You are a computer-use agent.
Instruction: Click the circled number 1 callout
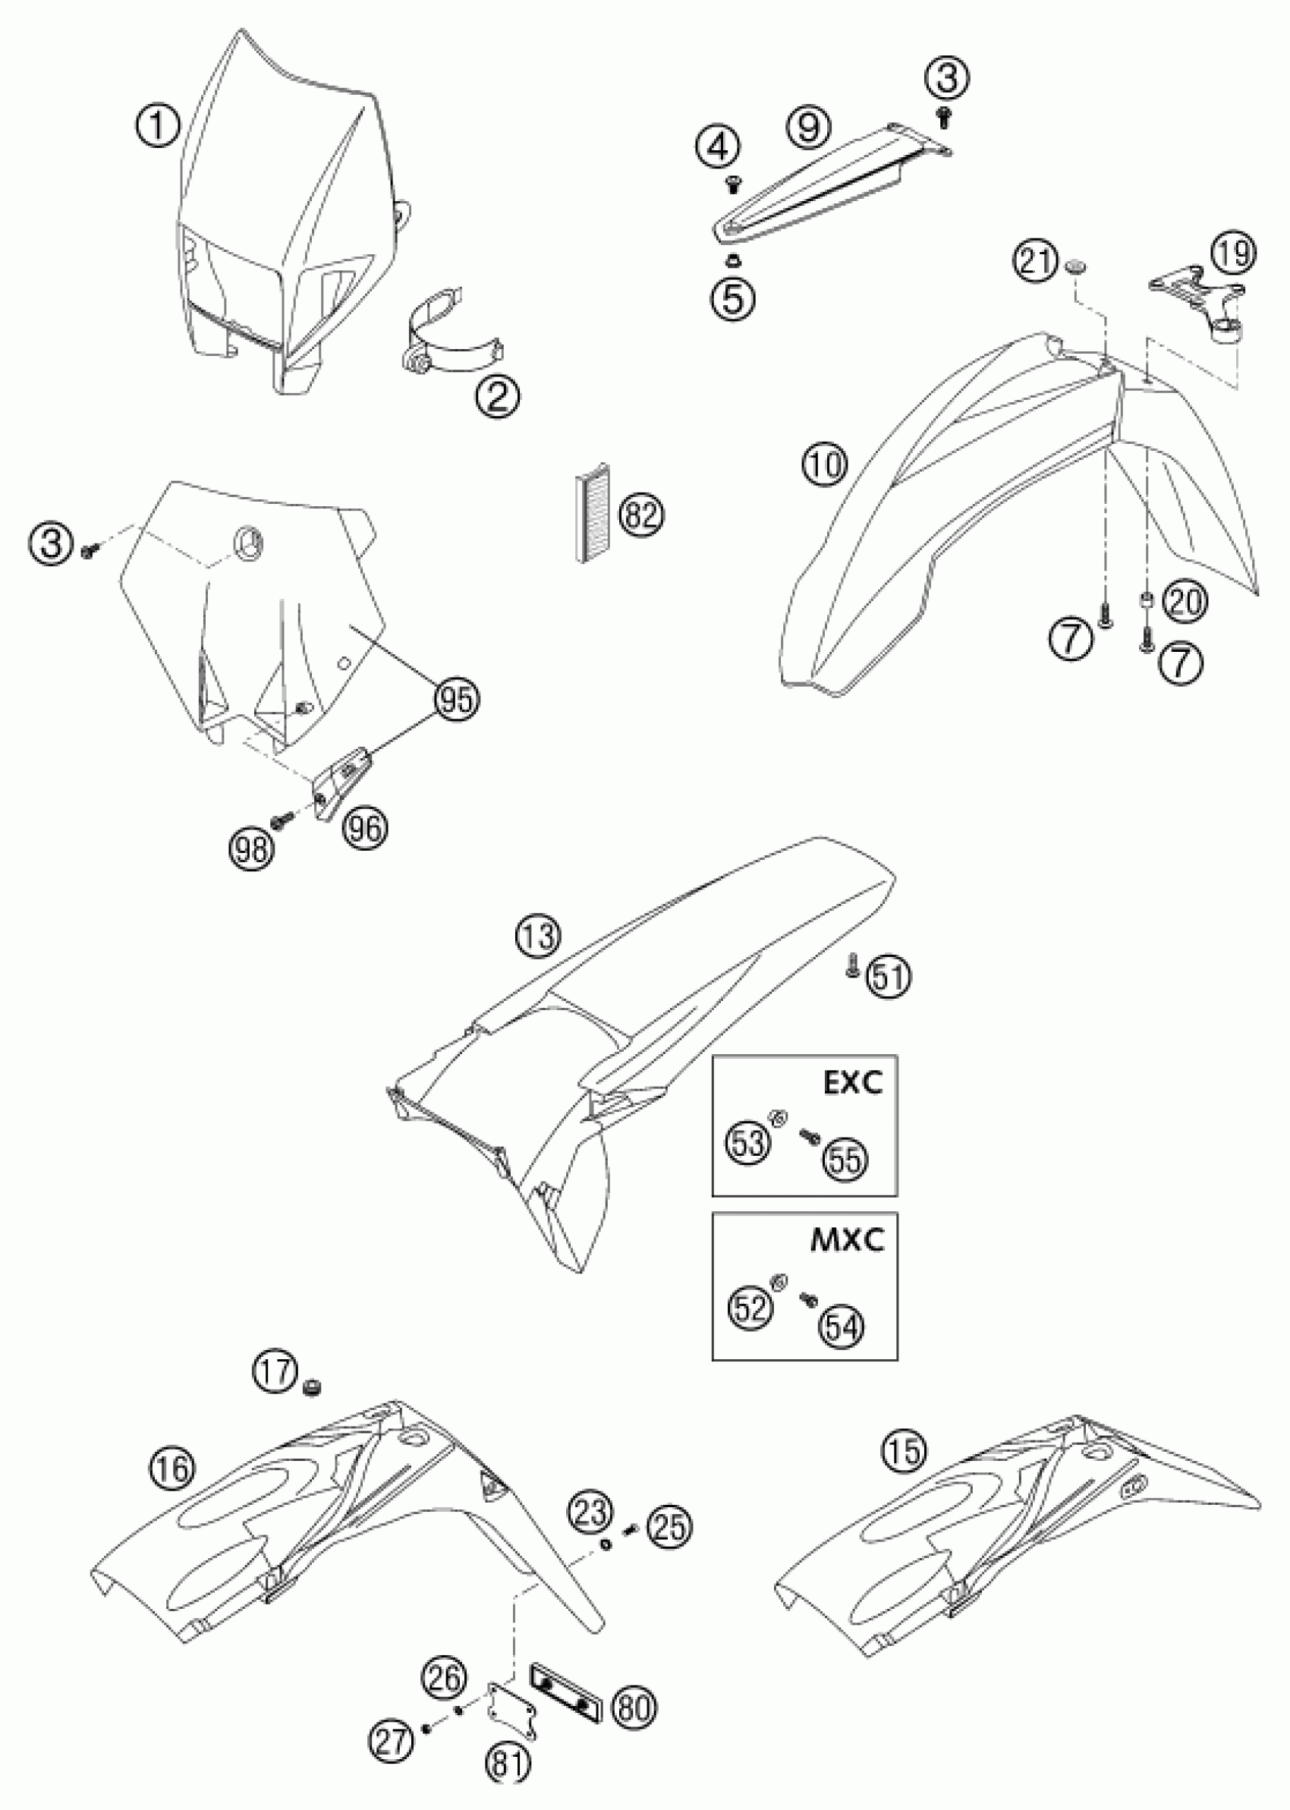(158, 127)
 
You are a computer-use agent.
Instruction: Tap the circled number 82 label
(642, 516)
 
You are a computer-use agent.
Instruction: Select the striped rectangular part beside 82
(590, 513)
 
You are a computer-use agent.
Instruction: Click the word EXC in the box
(852, 1083)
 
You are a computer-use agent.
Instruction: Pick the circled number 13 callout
(538, 937)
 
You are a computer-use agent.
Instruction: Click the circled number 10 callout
(826, 464)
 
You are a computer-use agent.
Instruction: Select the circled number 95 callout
(457, 699)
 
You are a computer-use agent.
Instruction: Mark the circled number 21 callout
(1036, 262)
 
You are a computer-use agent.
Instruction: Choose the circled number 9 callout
(809, 127)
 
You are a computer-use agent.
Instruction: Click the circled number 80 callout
(632, 1705)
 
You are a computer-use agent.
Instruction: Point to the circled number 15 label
(904, 1453)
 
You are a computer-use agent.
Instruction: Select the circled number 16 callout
(173, 1468)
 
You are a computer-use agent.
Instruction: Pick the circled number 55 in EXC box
(844, 1162)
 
